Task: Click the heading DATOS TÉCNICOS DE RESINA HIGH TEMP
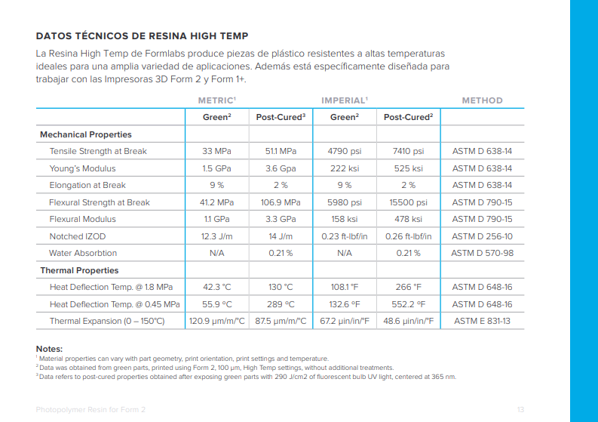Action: coord(142,36)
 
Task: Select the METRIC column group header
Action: coord(217,100)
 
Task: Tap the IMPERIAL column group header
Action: coord(345,100)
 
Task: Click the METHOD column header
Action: coord(482,100)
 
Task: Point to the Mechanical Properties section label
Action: coord(86,134)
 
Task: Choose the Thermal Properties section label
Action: coord(79,270)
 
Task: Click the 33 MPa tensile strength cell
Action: coord(216,151)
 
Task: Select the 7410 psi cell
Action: coord(408,151)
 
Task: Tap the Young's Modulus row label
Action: coord(82,168)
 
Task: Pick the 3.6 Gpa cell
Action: coord(281,168)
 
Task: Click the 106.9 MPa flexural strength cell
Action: coord(281,202)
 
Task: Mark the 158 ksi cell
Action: coord(345,219)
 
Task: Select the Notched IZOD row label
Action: coord(78,236)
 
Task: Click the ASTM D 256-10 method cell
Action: coord(482,236)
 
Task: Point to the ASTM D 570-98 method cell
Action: coord(482,253)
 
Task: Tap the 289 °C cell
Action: coord(281,304)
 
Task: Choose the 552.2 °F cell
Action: coord(408,304)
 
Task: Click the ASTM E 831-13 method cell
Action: coord(482,321)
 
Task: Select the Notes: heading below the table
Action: coord(49,349)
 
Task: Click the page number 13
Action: coord(520,410)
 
